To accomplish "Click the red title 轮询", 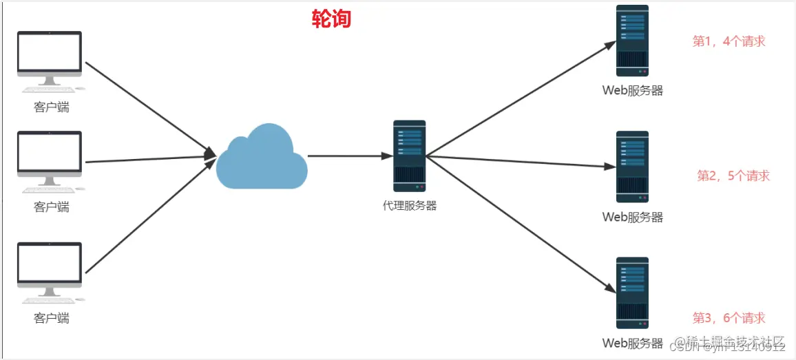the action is pyautogui.click(x=331, y=19).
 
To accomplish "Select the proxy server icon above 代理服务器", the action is pyautogui.click(x=410, y=156).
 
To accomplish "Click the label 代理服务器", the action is pyautogui.click(x=410, y=205).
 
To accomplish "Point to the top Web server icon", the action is pyautogui.click(x=632, y=40).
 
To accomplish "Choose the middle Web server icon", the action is pyautogui.click(x=632, y=167).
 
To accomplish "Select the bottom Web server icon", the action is pyautogui.click(x=632, y=293).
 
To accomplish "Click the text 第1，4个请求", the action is pyautogui.click(x=729, y=41).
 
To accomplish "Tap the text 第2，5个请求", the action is pyautogui.click(x=733, y=176).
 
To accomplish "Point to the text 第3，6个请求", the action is pyautogui.click(x=729, y=318).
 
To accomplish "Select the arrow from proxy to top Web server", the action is pyautogui.click(x=521, y=98).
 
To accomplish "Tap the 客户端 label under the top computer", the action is pyautogui.click(x=51, y=107).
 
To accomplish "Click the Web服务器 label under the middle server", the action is pyautogui.click(x=632, y=218).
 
